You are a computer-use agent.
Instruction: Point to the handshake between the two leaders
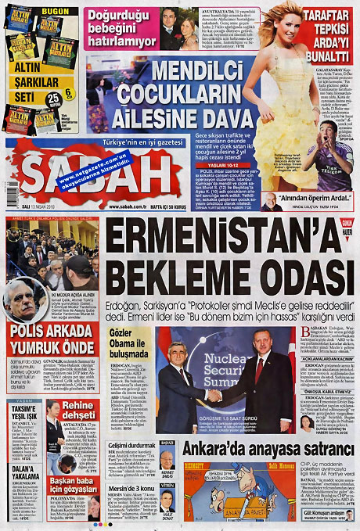213,396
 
